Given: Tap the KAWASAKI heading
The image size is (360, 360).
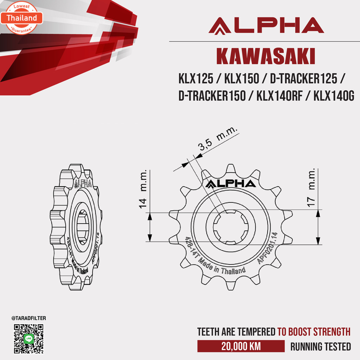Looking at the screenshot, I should [265, 56].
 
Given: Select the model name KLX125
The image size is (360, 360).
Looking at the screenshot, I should [196, 79].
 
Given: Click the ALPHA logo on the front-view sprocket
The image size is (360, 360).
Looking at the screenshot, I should [231, 184].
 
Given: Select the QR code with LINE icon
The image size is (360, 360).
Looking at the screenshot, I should [28, 339].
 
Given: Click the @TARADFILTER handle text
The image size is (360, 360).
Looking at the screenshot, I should [28, 318].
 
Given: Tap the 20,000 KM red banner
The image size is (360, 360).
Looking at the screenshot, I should [241, 346].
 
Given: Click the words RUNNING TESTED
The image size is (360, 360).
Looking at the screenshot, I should [320, 347].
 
